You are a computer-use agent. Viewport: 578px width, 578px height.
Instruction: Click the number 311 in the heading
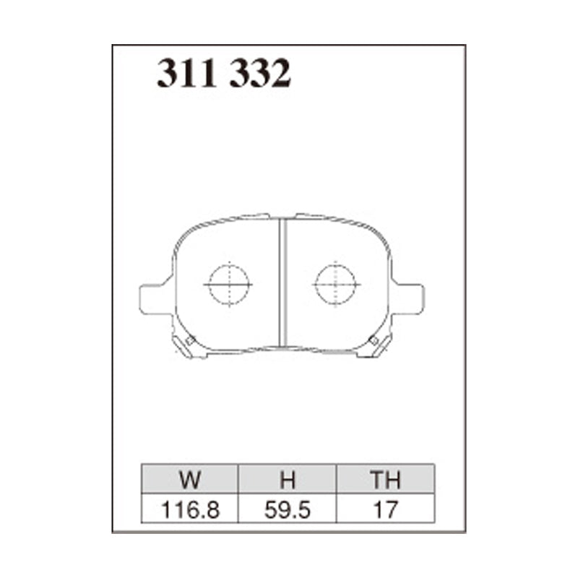click(x=186, y=74)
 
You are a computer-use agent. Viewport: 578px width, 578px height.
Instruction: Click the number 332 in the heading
click(x=260, y=74)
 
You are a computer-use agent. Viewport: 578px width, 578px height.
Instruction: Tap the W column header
click(x=189, y=480)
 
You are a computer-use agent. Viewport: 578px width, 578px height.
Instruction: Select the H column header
click(x=287, y=480)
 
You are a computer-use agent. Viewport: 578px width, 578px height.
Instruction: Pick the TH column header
click(x=385, y=480)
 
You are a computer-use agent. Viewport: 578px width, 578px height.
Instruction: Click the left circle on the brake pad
click(x=228, y=283)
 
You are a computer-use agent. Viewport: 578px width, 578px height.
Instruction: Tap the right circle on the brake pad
click(x=336, y=283)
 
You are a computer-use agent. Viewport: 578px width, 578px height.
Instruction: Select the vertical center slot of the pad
click(x=282, y=282)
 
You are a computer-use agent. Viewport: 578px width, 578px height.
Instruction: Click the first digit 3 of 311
click(x=167, y=74)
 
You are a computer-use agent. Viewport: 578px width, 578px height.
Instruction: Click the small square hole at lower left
click(x=190, y=340)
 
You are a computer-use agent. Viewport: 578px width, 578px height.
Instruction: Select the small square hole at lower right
click(x=373, y=340)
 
